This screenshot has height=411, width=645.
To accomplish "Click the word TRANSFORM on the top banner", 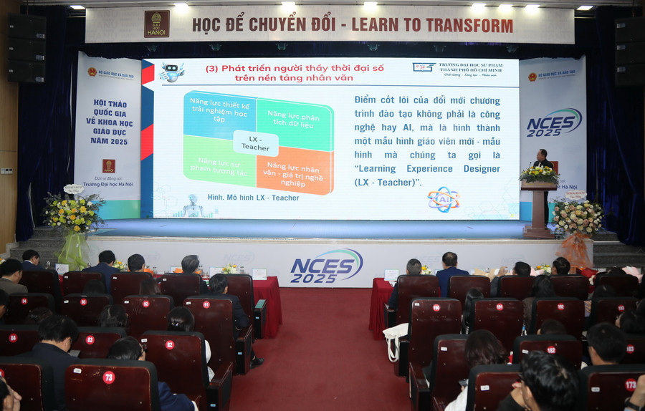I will pos(464,25).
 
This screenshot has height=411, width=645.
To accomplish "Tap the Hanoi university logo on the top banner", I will pos(156,24).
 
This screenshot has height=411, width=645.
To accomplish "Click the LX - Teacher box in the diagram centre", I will pos(255,142).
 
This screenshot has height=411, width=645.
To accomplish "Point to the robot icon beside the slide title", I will pos(172,71).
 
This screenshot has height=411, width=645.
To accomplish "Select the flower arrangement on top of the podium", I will pos(539,174).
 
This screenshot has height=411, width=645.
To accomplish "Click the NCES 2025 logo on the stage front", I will pos(326,266).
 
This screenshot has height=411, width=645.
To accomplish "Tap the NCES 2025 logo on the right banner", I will pos(554,122).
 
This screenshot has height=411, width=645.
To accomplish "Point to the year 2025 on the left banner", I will pos(110,141).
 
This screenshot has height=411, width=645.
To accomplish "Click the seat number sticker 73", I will pos(108,377).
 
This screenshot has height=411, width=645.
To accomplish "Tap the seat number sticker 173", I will pos(631,385).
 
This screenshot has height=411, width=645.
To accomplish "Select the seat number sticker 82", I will pos(170,344).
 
